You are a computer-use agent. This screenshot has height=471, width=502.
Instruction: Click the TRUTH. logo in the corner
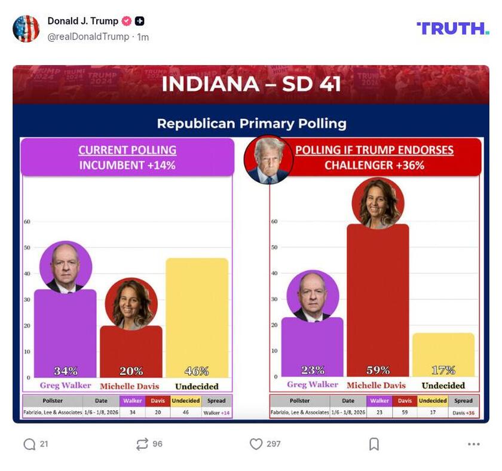pos(452,28)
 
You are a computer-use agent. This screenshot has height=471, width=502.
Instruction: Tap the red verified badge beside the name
pos(127,22)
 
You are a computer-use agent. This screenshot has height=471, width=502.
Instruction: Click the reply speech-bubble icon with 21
pos(29,444)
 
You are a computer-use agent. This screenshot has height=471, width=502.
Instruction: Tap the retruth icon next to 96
pos(142,444)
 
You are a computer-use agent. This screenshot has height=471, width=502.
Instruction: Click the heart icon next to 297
pos(256,444)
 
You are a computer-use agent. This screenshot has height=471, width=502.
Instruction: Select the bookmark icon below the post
pos(374,444)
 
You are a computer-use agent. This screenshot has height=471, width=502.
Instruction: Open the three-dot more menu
pos(474,444)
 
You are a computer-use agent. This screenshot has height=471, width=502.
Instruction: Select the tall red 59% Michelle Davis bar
pos(378,299)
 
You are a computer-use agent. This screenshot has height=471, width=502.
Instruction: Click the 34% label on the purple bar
pos(65,371)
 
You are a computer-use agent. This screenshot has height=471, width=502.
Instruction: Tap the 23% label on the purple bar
pos(313,370)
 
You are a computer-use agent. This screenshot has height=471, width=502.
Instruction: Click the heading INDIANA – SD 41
pos(251,84)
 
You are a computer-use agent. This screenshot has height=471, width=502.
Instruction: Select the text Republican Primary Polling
pos(251,124)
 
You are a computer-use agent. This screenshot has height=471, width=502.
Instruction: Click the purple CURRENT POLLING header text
pos(127,150)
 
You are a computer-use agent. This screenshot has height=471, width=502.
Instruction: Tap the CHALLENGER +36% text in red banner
pos(374,166)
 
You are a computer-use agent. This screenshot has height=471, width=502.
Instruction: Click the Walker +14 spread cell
pos(216,412)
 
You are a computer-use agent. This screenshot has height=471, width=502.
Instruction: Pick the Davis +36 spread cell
pos(463,412)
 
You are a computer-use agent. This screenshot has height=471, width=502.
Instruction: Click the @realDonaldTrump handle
pos(88,37)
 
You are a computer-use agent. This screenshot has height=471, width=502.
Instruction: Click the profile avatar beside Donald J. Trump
pos(26,29)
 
